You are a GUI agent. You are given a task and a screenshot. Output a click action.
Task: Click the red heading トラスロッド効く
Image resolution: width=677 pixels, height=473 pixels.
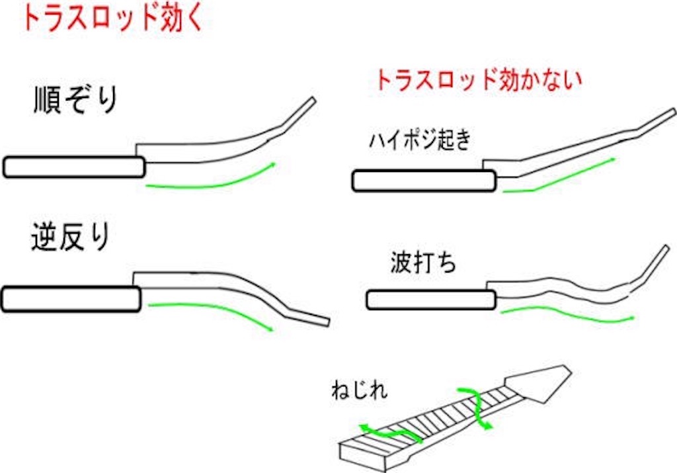(112, 19)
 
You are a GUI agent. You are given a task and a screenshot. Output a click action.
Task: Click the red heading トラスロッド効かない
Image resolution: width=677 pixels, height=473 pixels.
(479, 79)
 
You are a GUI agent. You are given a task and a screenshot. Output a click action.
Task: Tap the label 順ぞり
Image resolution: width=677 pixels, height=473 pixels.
(76, 100)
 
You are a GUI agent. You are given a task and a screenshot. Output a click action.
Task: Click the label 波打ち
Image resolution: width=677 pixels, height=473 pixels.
(423, 262)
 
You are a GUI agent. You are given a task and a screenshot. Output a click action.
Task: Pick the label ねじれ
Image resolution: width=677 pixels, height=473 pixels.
(359, 390)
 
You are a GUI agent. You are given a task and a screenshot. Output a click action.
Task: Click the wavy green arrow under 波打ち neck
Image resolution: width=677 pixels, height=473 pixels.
(566, 314)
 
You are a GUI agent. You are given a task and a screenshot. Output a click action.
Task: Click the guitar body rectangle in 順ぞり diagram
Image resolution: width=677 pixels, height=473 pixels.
(74, 167)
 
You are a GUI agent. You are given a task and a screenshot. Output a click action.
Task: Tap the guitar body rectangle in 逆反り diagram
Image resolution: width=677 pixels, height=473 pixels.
(71, 299)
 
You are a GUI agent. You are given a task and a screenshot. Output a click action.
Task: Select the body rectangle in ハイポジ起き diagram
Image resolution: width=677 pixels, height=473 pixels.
(424, 181)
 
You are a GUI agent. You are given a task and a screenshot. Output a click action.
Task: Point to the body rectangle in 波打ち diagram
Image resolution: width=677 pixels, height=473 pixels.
(431, 300)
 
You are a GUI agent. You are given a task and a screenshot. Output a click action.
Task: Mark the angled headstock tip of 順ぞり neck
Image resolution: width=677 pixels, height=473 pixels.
(313, 100)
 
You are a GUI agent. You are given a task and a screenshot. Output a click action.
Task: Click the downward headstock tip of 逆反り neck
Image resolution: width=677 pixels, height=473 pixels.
(328, 323)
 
